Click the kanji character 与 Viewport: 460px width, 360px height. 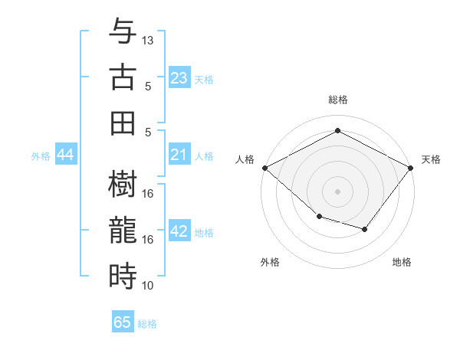[x=123, y=31]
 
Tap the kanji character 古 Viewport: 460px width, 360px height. [x=123, y=77]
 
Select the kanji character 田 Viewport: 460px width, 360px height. [x=123, y=123]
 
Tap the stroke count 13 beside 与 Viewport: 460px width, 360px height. [x=148, y=40]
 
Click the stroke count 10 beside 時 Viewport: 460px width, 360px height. [x=148, y=285]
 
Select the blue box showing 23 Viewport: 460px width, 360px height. [x=179, y=77]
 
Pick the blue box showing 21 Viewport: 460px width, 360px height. [x=179, y=155]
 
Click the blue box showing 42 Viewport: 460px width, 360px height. [x=179, y=231]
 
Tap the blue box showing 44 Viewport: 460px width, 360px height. [x=65, y=155]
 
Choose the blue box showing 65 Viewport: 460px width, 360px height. [x=123, y=322]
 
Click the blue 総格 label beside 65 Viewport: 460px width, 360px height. [x=147, y=323]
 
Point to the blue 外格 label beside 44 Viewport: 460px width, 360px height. [x=41, y=156]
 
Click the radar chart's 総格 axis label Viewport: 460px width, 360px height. [x=338, y=100]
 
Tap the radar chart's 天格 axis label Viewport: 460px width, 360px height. [x=431, y=159]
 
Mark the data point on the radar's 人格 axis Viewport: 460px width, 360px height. [x=264, y=168]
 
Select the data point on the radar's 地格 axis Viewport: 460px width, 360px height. [x=365, y=229]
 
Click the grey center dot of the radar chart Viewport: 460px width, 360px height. [x=338, y=191]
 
